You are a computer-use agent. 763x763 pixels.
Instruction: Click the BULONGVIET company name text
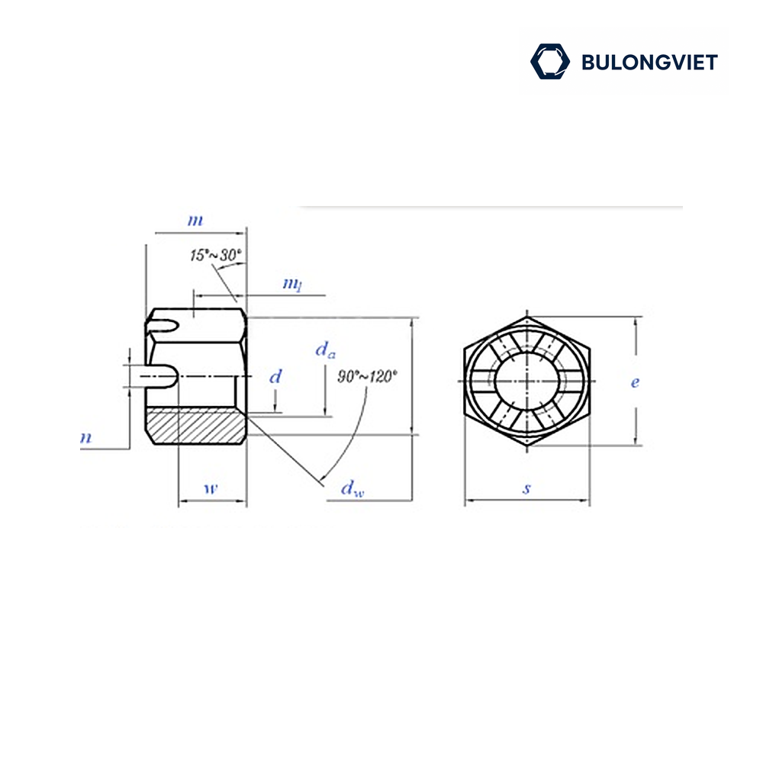click(x=649, y=63)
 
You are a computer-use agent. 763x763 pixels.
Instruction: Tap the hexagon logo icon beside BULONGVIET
click(x=550, y=61)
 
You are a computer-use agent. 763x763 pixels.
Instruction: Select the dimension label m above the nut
click(x=195, y=221)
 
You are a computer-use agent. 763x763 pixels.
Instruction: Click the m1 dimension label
click(x=292, y=284)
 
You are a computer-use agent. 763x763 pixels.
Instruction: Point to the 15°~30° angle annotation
click(x=216, y=255)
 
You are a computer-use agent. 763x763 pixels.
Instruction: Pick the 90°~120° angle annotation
click(x=368, y=376)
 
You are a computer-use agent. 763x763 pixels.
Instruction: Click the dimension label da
click(x=325, y=350)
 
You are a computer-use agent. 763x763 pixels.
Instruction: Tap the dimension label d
click(x=275, y=376)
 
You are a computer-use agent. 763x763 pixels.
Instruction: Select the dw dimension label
click(x=353, y=488)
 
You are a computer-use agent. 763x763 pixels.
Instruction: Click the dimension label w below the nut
click(x=211, y=488)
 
